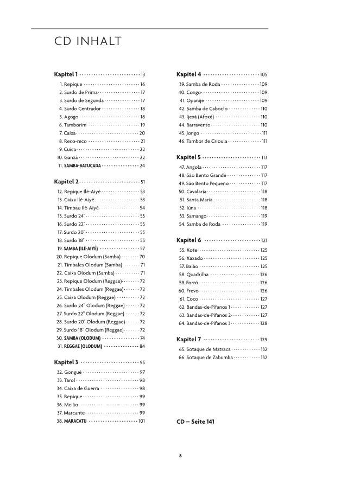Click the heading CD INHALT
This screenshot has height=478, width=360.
pos(87,42)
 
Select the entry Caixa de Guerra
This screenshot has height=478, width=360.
pos(81,388)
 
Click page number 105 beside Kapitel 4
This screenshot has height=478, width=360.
pos(264,74)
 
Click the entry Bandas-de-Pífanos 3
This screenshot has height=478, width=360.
pos(208,323)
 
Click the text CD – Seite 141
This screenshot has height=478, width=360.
pos(196,422)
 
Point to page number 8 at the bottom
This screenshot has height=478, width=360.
pos(180,455)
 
